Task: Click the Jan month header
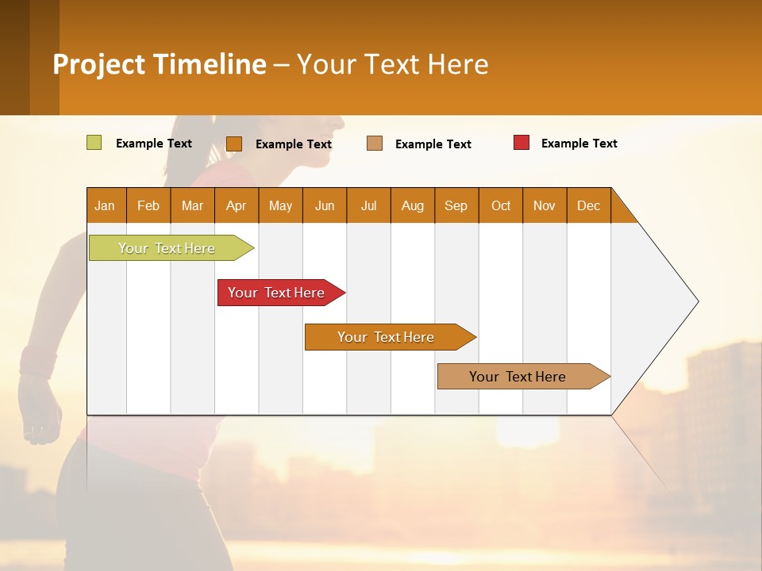105,205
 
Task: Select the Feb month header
148,205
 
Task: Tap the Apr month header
236,205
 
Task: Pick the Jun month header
325,205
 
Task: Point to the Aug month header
412,205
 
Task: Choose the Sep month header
456,205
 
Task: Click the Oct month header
501,205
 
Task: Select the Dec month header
588,205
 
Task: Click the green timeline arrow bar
167,248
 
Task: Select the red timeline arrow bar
276,293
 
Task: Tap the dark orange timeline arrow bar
386,337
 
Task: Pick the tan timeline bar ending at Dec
518,377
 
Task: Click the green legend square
94,143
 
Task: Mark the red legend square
521,143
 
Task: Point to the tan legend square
375,143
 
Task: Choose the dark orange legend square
234,144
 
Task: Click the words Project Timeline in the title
160,64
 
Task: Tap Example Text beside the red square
579,144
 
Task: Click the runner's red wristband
37,362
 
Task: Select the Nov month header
545,205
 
